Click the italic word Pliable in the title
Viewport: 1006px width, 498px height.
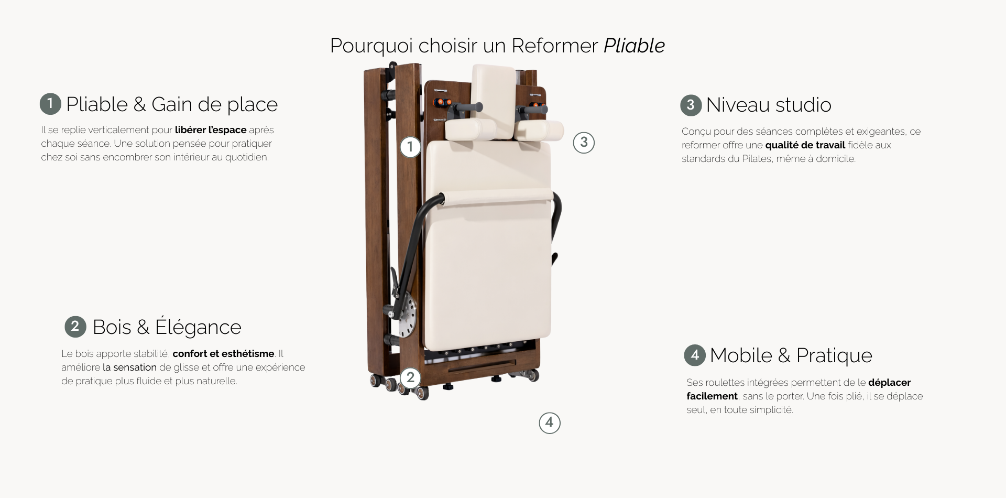[634, 46]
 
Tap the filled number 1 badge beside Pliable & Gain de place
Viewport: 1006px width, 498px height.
[50, 104]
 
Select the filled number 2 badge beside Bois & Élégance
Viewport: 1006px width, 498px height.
[75, 326]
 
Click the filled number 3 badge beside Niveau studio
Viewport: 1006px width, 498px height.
[691, 105]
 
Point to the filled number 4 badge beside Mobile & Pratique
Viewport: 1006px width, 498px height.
[695, 355]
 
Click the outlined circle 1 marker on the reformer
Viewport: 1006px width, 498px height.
[410, 147]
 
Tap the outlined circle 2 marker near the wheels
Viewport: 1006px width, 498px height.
[410, 377]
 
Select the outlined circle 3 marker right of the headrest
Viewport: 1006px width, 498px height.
[584, 143]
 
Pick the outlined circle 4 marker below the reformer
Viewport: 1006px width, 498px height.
[550, 423]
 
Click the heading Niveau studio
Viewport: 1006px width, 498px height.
[769, 105]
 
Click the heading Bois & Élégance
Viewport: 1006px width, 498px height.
[167, 327]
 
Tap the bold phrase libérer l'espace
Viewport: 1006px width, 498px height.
[211, 130]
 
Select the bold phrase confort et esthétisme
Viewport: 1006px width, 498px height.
[223, 354]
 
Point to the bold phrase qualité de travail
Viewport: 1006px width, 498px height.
[805, 145]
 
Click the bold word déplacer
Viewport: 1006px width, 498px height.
[889, 383]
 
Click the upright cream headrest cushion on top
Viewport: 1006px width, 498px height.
[493, 100]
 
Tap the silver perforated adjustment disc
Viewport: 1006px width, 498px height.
[406, 318]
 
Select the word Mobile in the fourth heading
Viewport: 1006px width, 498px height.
[741, 355]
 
